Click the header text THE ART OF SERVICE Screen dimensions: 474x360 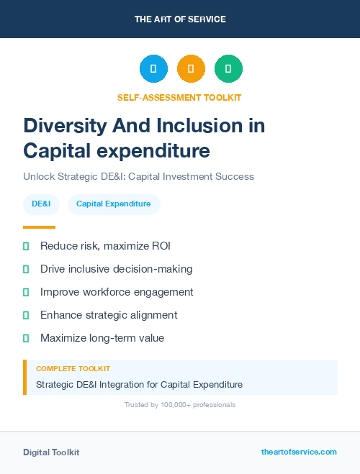[180, 19]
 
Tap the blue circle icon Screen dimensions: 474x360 [153, 69]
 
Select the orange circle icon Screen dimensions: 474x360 [191, 69]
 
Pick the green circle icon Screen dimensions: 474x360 [228, 69]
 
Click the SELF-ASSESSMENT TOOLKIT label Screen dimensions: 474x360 [179, 97]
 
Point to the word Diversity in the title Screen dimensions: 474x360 [64, 126]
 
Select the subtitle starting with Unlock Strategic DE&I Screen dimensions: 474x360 [138, 176]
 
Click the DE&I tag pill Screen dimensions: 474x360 [41, 204]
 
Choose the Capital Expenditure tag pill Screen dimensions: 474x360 [113, 204]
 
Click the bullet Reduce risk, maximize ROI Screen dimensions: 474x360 [105, 246]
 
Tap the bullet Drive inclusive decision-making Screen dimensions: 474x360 [116, 269]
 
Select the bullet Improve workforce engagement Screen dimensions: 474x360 [117, 292]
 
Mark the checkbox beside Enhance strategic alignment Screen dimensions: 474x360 [26, 315]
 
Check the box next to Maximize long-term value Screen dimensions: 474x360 [26, 338]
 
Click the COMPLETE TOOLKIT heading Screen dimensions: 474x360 [73, 369]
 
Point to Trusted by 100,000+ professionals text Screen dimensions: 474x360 [179, 405]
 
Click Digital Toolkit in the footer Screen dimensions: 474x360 [51, 452]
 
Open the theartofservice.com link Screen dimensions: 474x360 [299, 452]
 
